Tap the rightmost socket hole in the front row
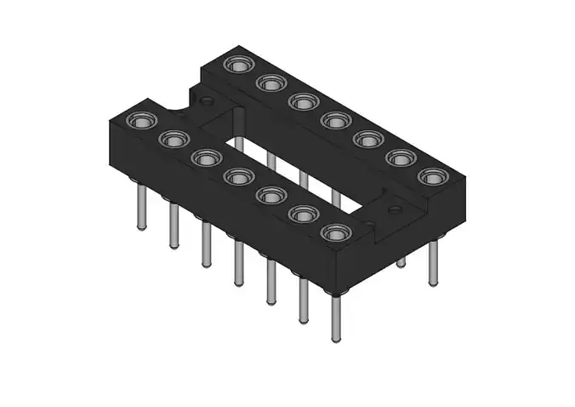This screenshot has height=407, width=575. [334, 232]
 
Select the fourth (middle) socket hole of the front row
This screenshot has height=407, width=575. [236, 177]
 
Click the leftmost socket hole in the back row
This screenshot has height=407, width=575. [236, 65]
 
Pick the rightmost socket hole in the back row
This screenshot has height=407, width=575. [432, 177]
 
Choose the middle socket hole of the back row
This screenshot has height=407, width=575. [333, 121]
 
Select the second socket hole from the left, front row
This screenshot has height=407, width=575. [171, 139]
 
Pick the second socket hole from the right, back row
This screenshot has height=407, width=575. [400, 158]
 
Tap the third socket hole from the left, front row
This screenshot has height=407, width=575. [203, 158]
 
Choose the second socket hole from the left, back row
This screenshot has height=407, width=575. [269, 83]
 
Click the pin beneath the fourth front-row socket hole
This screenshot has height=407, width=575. [237, 264]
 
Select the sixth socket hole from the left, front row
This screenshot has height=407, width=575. [301, 214]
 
